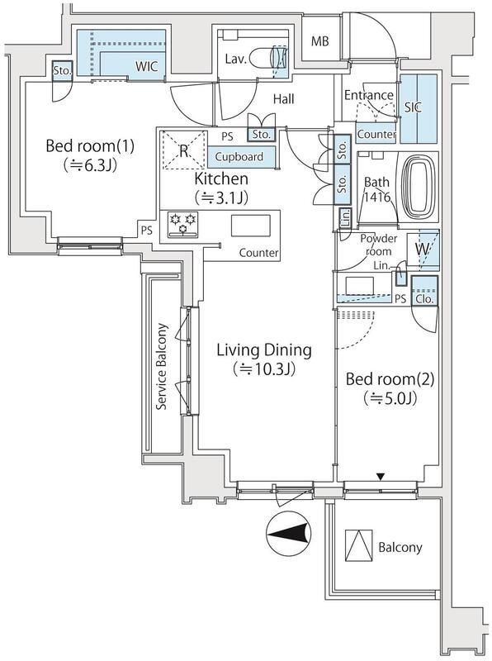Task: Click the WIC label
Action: point(146,66)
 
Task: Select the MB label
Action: point(319,41)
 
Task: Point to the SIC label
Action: point(413,107)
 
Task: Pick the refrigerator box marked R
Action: point(185,150)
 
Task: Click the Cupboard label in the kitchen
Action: point(239,156)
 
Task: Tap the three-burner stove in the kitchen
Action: point(182,223)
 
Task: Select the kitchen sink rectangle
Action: point(251,226)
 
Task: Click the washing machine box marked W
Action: point(423,250)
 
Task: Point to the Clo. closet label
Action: point(424,299)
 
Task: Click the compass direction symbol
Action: point(289,534)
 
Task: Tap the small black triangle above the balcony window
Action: point(381,477)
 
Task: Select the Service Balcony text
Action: point(161,366)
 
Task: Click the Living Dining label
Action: point(264,350)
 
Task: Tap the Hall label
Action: point(283,99)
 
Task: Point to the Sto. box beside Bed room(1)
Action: point(62,71)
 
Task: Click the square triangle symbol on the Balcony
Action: point(358,545)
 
